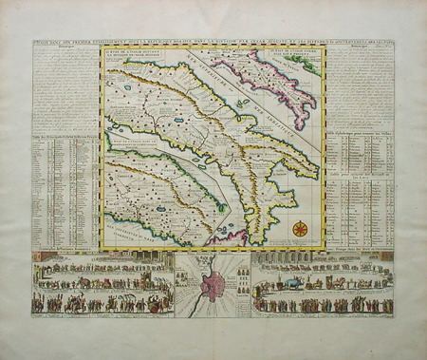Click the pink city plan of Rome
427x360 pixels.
click(x=213, y=286)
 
